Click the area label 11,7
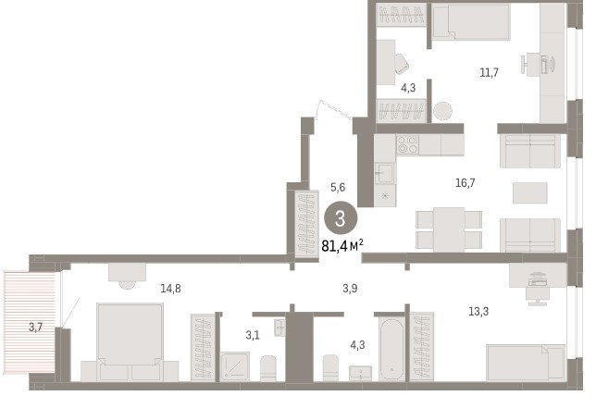(489, 72)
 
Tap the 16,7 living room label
(466, 183)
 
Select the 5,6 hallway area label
(338, 187)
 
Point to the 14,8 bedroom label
(170, 289)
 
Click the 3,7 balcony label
(35, 327)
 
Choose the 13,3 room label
(478, 312)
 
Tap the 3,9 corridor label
(350, 289)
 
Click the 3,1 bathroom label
(253, 335)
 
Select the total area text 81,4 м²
(342, 246)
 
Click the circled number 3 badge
(341, 217)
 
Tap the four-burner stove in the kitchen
(407, 144)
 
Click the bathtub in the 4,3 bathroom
(391, 349)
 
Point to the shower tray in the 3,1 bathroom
(235, 366)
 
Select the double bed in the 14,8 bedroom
(130, 341)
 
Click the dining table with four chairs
(449, 229)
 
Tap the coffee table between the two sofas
(530, 192)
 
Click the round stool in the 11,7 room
(442, 111)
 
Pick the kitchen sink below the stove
(385, 174)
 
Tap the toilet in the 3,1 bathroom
(268, 368)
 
